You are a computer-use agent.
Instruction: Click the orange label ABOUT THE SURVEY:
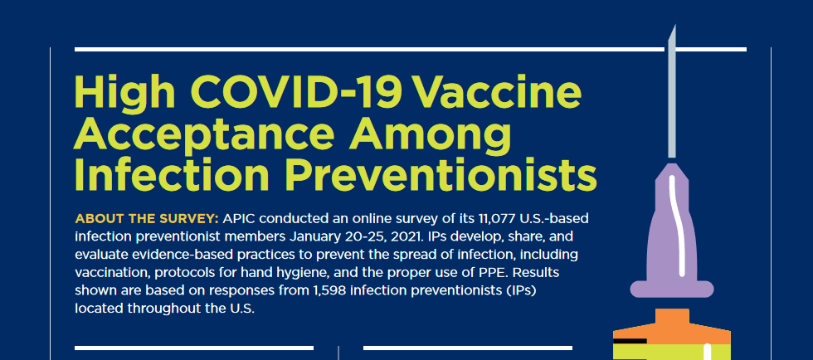coord(147,218)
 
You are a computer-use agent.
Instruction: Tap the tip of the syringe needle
coord(674,29)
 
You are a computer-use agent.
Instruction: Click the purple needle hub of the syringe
coord(672,241)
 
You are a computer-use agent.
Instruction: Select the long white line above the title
coord(410,49)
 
